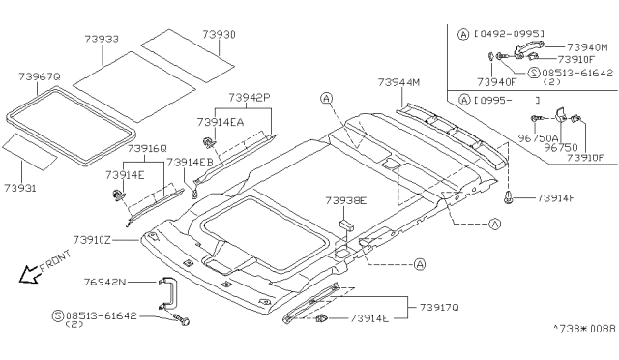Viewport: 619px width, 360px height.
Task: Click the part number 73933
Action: [102, 39]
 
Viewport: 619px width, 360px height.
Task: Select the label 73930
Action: [220, 35]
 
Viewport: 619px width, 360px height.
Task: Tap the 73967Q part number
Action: [40, 76]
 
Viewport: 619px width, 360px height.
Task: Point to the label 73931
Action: [20, 188]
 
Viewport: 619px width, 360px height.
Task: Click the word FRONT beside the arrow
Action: [55, 261]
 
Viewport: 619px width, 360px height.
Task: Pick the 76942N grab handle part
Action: [167, 293]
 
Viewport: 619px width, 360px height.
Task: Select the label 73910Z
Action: [92, 240]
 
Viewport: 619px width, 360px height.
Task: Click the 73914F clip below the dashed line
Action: [509, 197]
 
